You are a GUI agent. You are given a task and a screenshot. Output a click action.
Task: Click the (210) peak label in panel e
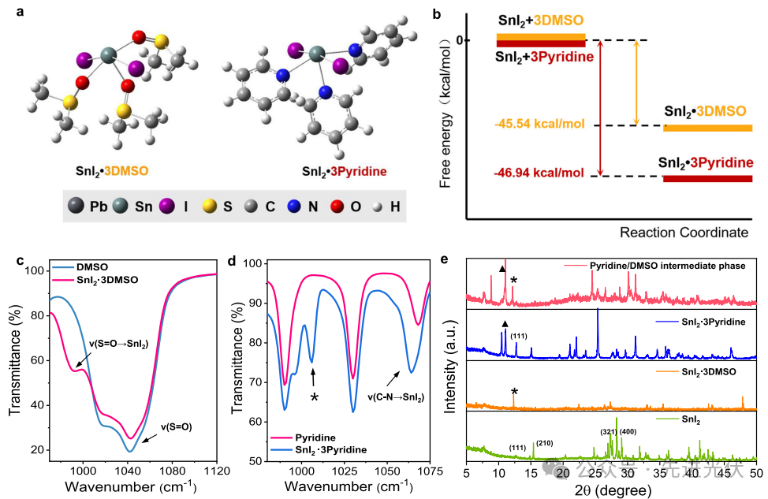pos(544,443)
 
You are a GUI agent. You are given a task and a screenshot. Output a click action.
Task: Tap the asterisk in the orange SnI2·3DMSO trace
pos(514,392)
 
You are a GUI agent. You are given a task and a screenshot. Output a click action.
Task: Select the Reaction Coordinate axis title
pos(683,233)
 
